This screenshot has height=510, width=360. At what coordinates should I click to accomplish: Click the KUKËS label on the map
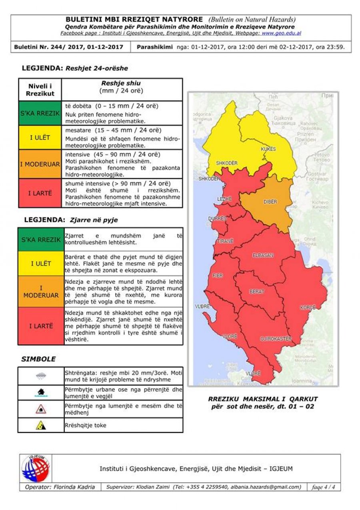click(x=268, y=149)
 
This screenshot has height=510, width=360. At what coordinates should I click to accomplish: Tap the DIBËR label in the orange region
click(x=270, y=202)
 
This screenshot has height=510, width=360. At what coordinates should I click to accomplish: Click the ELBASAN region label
click(x=263, y=255)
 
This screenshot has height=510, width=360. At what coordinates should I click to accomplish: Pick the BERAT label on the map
click(x=257, y=291)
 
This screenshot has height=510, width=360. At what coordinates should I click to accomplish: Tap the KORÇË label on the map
click(x=308, y=307)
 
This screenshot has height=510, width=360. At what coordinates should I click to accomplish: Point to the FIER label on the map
click(x=218, y=276)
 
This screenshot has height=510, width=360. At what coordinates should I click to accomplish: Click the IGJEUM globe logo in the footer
click(x=36, y=468)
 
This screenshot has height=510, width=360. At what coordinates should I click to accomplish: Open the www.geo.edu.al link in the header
click(x=282, y=33)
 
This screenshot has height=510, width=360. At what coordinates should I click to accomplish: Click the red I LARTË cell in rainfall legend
click(x=40, y=193)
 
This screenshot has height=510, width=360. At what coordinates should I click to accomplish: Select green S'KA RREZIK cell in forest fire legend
click(x=41, y=239)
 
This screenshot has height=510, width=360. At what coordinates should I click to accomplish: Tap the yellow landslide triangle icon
click(x=41, y=426)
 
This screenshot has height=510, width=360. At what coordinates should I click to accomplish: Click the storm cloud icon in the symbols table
click(x=41, y=376)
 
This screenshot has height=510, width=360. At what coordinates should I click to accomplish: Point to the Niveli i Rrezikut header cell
click(x=40, y=90)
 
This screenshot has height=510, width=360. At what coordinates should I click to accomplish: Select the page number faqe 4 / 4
click(x=323, y=487)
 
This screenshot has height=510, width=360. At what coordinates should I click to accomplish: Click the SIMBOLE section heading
click(x=38, y=359)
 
